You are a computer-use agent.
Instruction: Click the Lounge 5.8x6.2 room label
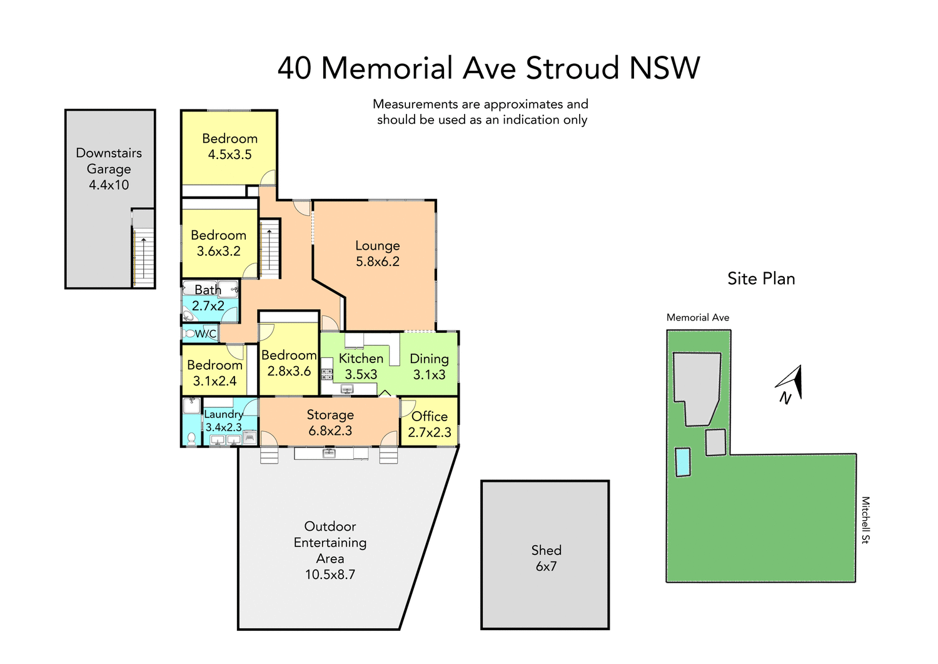pyautogui.click(x=377, y=253)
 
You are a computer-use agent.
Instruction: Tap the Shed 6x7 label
pyautogui.click(x=546, y=558)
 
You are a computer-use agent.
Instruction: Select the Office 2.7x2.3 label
pyautogui.click(x=429, y=424)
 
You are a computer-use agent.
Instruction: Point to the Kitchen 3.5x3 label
pyautogui.click(x=361, y=366)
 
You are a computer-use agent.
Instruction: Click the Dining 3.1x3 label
pyautogui.click(x=429, y=366)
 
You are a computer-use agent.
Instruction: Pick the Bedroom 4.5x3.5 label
pyautogui.click(x=229, y=146)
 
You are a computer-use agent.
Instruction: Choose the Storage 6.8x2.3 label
pyautogui.click(x=330, y=422)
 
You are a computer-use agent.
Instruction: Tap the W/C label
pyautogui.click(x=205, y=334)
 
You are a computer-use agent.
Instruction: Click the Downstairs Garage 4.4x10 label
pyautogui.click(x=109, y=169)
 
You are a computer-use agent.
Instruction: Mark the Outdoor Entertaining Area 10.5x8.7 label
pyautogui.click(x=330, y=550)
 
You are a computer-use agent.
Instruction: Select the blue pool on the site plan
pyautogui.click(x=683, y=462)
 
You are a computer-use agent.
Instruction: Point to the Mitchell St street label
pyautogui.click(x=865, y=520)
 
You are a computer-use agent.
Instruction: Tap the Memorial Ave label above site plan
pyautogui.click(x=698, y=317)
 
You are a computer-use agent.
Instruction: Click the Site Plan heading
pyautogui.click(x=761, y=278)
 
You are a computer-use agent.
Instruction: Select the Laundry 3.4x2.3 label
pyautogui.click(x=223, y=421)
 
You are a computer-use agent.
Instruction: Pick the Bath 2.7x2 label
pyautogui.click(x=208, y=298)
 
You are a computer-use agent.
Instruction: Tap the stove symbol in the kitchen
pyautogui.click(x=327, y=374)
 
